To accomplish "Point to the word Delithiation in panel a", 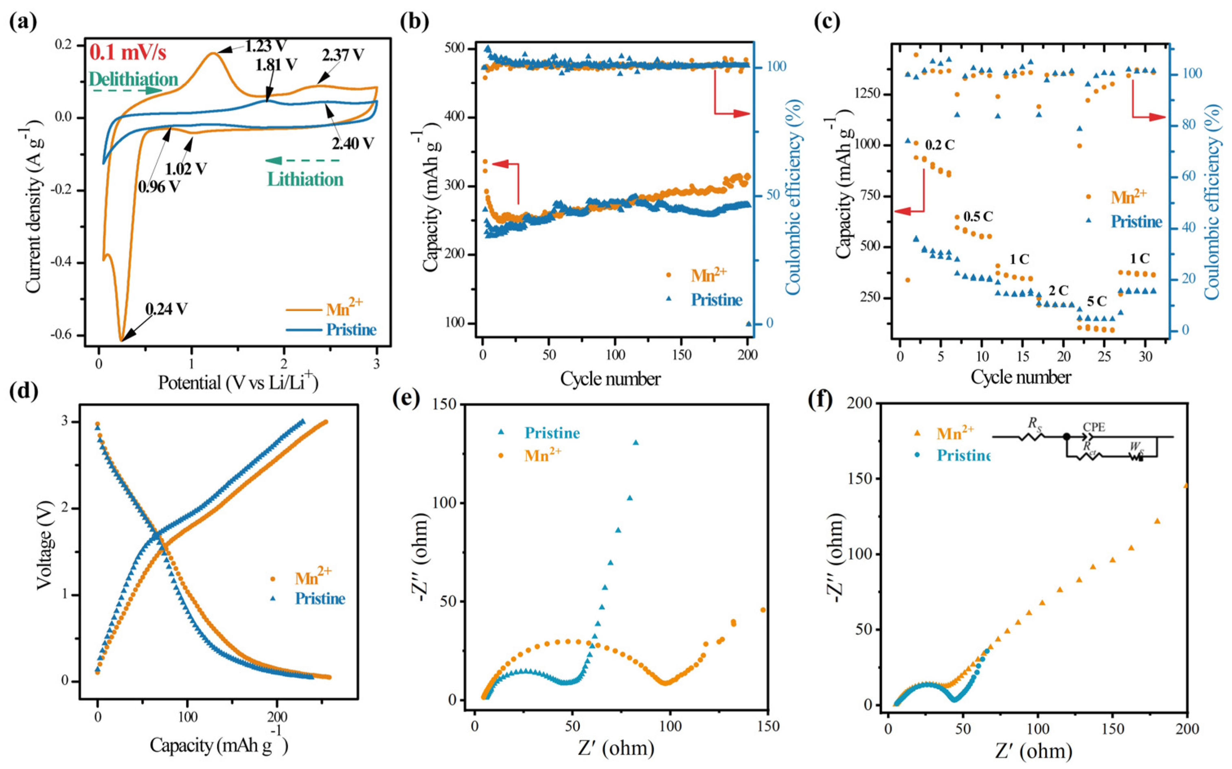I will [133, 79].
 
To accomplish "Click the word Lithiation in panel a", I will [306, 180].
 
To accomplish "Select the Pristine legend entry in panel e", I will [552, 433].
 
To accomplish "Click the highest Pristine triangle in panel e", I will [635, 443].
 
